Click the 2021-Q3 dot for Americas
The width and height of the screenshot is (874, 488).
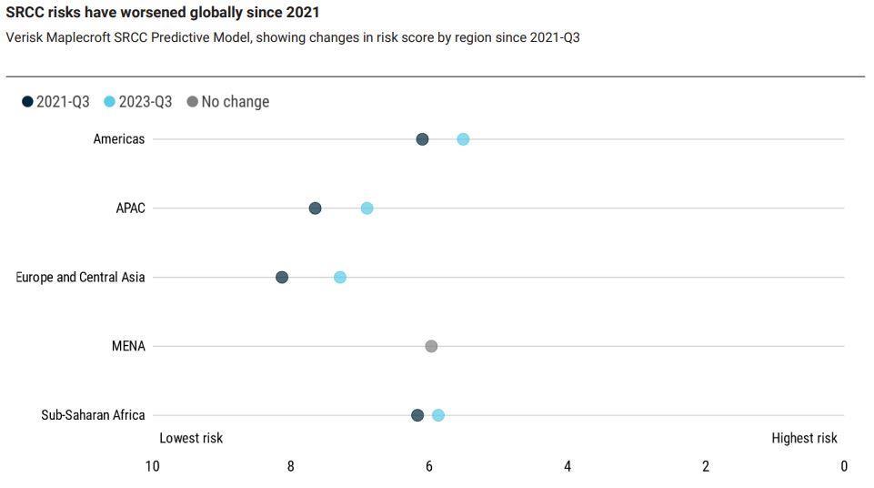pyautogui.click(x=422, y=139)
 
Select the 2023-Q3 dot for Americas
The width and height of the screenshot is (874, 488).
pyautogui.click(x=463, y=139)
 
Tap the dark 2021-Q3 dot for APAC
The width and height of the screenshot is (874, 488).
pyautogui.click(x=315, y=208)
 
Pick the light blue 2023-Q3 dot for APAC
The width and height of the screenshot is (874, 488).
pyautogui.click(x=367, y=208)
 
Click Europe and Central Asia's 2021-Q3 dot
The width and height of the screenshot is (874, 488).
pyautogui.click(x=282, y=277)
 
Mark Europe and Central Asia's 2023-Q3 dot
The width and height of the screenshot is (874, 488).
pyautogui.click(x=340, y=277)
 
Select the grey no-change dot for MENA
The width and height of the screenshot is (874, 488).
pyautogui.click(x=431, y=346)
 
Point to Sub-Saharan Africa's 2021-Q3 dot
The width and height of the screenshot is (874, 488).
pyautogui.click(x=417, y=415)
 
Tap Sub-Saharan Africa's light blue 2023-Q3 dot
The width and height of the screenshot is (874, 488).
pyautogui.click(x=438, y=415)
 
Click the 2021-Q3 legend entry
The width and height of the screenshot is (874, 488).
pyautogui.click(x=56, y=102)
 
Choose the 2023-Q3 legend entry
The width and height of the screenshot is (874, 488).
pyautogui.click(x=138, y=102)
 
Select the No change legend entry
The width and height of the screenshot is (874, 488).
pyautogui.click(x=228, y=102)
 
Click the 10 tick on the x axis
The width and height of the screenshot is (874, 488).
pyautogui.click(x=152, y=466)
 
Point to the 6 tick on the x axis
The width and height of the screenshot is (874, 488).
pyautogui.click(x=429, y=466)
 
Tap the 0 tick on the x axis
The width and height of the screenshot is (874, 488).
pyautogui.click(x=844, y=466)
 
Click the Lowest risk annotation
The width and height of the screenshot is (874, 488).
pyautogui.click(x=191, y=438)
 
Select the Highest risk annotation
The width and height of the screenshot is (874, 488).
pyautogui.click(x=804, y=438)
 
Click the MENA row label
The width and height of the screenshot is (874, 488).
pyautogui.click(x=128, y=346)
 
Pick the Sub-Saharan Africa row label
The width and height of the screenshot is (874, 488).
pyautogui.click(x=93, y=415)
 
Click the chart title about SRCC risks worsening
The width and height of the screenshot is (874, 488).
pyautogui.click(x=163, y=13)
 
